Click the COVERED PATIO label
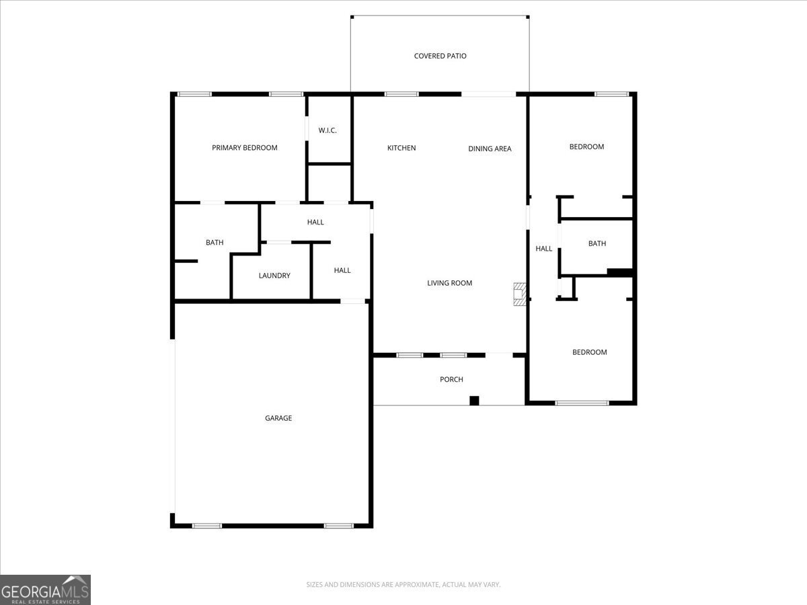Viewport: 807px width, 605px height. click(440, 56)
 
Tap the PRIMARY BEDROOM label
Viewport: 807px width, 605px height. click(244, 148)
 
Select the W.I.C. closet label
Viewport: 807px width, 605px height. click(328, 130)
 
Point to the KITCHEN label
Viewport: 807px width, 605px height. click(401, 148)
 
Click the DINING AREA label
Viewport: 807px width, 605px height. click(490, 149)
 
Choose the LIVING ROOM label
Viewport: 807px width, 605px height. click(449, 283)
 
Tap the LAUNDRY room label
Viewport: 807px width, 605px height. click(274, 276)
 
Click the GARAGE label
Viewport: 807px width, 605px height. click(278, 418)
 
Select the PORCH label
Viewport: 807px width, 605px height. click(451, 380)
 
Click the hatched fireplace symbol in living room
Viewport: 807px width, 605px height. click(518, 294)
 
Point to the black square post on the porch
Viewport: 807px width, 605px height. click(474, 401)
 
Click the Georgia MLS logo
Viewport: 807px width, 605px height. click(45, 590)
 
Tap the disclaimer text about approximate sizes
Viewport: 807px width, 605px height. click(403, 585)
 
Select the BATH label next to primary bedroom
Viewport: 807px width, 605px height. click(215, 243)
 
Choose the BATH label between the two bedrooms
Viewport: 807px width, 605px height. click(597, 243)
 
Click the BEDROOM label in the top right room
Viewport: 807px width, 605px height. click(586, 147)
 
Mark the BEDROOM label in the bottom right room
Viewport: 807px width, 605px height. click(589, 352)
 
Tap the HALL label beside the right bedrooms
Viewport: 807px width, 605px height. click(543, 249)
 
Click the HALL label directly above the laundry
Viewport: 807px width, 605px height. click(315, 223)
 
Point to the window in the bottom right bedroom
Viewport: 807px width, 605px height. click(582, 403)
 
